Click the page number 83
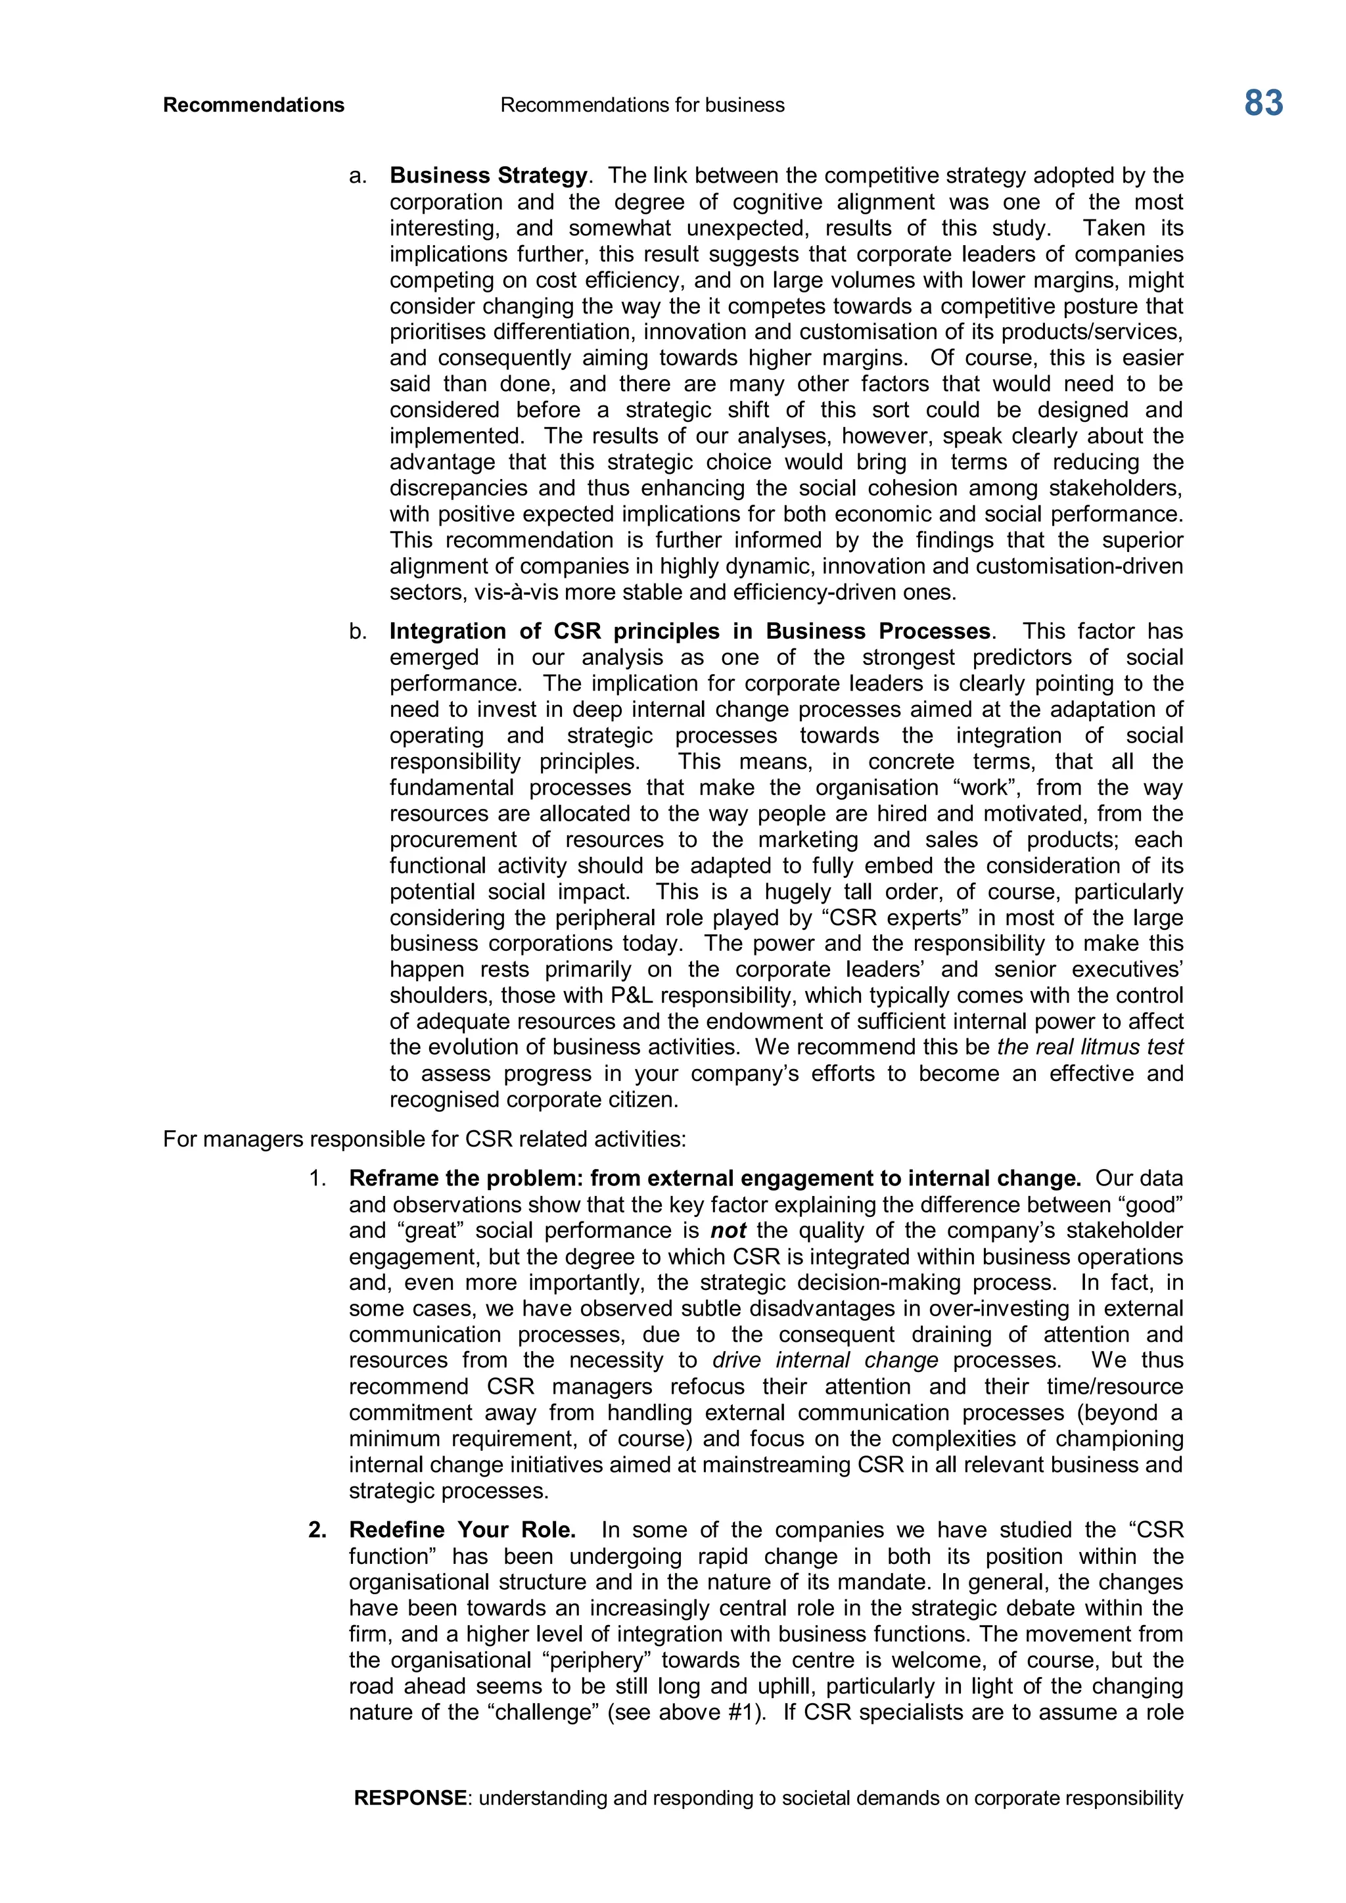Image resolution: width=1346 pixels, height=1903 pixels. pos(1263,104)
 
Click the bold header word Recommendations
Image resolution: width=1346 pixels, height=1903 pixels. pos(254,105)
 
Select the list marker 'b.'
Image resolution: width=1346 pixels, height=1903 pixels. pos(358,631)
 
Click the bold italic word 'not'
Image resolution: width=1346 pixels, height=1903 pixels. pos(728,1231)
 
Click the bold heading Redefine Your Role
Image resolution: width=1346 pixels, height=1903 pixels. pos(461,1530)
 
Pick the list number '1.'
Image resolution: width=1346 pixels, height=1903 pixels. pos(318,1179)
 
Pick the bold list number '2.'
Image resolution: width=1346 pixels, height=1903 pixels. pos(317,1530)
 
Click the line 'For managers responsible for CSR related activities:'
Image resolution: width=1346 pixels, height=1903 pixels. pos(425,1139)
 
